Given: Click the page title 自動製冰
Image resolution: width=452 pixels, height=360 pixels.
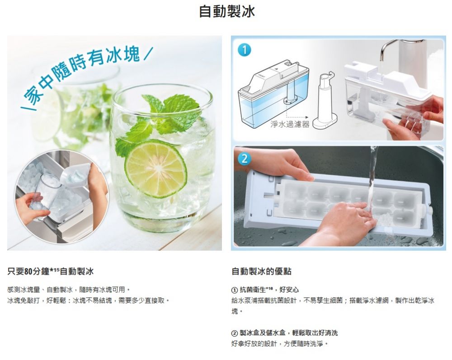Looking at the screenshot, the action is click(x=227, y=12).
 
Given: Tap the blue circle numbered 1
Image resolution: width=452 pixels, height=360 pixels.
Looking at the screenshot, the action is click(x=244, y=51).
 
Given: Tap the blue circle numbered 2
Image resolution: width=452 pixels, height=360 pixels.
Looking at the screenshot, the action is click(x=244, y=159).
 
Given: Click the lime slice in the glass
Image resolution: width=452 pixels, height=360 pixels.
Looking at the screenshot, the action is click(x=155, y=168).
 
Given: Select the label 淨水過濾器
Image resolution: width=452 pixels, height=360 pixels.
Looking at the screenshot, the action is click(x=290, y=124).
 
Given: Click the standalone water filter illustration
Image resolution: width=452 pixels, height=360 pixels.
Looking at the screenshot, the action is click(x=325, y=101).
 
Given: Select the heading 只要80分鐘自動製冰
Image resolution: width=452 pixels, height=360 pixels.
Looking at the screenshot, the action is click(x=50, y=271).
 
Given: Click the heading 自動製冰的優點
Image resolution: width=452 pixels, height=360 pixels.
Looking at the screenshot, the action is click(x=261, y=271).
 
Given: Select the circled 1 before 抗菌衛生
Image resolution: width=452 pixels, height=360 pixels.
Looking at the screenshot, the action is click(x=235, y=290).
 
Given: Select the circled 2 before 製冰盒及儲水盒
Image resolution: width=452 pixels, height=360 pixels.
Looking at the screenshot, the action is click(x=235, y=333).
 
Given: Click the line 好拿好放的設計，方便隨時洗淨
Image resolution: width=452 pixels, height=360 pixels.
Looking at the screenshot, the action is click(x=279, y=344).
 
